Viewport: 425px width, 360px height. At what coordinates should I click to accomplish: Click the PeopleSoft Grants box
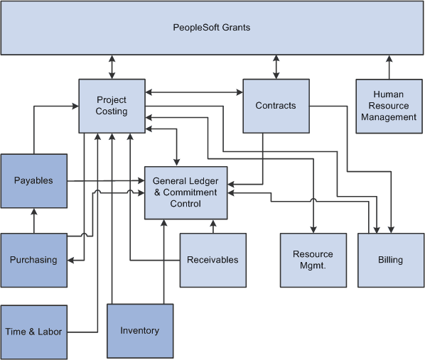click(x=212, y=28)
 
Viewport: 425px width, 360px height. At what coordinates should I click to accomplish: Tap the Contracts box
click(x=276, y=105)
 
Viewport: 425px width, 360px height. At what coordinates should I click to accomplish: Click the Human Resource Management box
click(x=389, y=106)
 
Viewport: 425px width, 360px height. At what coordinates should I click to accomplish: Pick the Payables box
click(x=33, y=180)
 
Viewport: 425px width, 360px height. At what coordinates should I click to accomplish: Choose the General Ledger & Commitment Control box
click(x=186, y=192)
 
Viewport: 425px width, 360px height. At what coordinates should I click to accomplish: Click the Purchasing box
click(x=33, y=260)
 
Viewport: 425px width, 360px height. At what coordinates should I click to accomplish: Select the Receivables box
click(x=212, y=260)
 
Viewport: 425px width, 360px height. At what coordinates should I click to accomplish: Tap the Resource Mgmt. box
click(x=313, y=260)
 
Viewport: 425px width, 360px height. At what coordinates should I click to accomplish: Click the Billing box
click(x=390, y=260)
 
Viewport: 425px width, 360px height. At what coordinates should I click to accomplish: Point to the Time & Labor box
click(x=33, y=332)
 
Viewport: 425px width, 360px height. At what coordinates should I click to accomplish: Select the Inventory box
click(x=140, y=330)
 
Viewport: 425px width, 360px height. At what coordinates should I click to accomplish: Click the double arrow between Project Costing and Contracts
click(x=194, y=92)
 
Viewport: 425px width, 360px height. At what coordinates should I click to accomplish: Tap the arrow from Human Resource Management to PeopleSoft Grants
click(x=389, y=67)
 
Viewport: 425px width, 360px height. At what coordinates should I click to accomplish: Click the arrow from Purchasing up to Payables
click(x=33, y=220)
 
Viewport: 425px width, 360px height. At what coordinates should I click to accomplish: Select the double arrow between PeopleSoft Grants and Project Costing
click(x=112, y=67)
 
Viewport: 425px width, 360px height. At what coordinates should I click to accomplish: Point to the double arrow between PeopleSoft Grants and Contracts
click(x=276, y=67)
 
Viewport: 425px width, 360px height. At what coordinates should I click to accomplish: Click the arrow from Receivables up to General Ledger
click(x=212, y=226)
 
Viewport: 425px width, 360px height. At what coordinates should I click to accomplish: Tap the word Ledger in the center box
click(x=205, y=181)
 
